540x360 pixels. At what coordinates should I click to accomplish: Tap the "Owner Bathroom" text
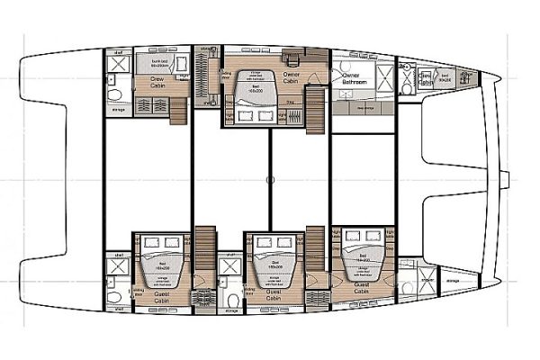pyautogui.click(x=351, y=78)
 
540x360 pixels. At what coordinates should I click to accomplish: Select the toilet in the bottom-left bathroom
pyautogui.click(x=112, y=298)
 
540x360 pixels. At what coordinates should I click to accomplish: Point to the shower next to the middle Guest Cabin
pyautogui.click(x=230, y=267)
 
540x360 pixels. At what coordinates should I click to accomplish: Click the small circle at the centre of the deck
pyautogui.click(x=270, y=179)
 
